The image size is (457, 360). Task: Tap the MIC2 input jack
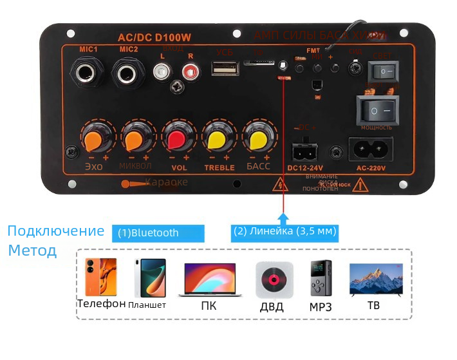128,72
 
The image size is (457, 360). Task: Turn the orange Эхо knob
95,138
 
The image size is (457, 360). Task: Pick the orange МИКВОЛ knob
136,138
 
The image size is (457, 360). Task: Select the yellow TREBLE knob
217,138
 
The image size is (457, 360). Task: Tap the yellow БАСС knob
258,138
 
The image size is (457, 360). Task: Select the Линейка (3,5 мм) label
284,231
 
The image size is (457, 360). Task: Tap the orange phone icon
101,278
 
